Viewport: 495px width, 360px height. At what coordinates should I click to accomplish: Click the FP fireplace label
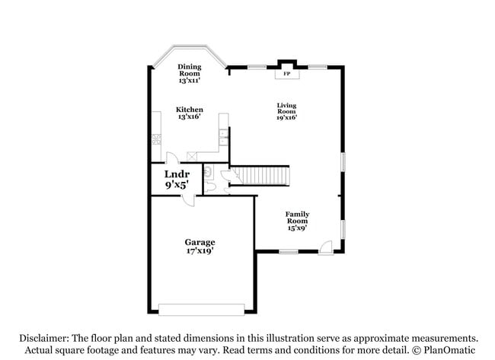click(286, 74)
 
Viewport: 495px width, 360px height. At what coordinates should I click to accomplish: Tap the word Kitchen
click(190, 110)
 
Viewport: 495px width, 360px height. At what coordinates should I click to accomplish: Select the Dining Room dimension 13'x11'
click(190, 81)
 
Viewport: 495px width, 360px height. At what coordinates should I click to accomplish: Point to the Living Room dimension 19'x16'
click(286, 117)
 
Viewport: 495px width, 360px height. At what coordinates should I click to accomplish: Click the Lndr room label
click(177, 174)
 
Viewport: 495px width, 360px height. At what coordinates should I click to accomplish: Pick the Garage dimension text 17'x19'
click(200, 251)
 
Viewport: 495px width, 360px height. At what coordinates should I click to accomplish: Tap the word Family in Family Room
click(297, 214)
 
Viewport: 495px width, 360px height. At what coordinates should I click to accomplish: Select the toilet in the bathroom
click(210, 186)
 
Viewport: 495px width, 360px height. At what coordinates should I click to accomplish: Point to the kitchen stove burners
click(157, 139)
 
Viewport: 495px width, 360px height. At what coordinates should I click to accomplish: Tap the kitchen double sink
click(223, 137)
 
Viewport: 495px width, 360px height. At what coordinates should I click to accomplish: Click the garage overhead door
click(201, 310)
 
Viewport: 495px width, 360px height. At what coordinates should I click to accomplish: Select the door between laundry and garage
click(189, 201)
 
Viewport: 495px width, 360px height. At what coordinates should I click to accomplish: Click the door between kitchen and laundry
click(172, 158)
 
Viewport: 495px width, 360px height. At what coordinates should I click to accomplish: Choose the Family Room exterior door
click(326, 247)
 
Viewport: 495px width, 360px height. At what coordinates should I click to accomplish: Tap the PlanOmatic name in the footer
click(449, 350)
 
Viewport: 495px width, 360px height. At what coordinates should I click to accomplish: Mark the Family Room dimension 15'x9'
click(297, 228)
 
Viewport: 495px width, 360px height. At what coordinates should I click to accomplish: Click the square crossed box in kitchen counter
click(192, 157)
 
